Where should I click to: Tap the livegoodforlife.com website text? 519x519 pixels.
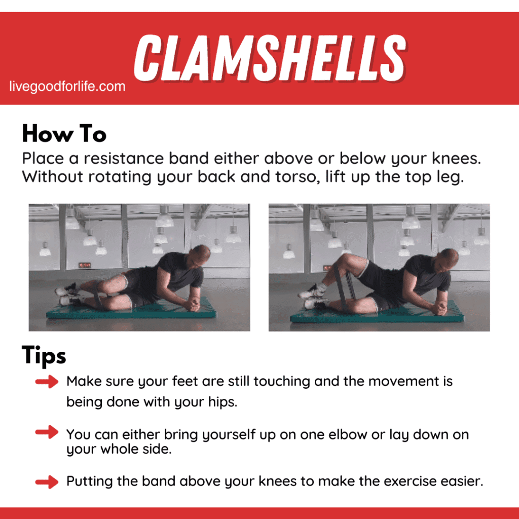point(67,87)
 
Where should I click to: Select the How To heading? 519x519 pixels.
point(64,135)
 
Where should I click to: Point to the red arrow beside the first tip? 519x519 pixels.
point(47,382)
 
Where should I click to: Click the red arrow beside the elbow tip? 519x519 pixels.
point(47,433)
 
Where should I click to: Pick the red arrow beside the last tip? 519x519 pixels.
point(47,481)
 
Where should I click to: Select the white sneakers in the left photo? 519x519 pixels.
point(68,294)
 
